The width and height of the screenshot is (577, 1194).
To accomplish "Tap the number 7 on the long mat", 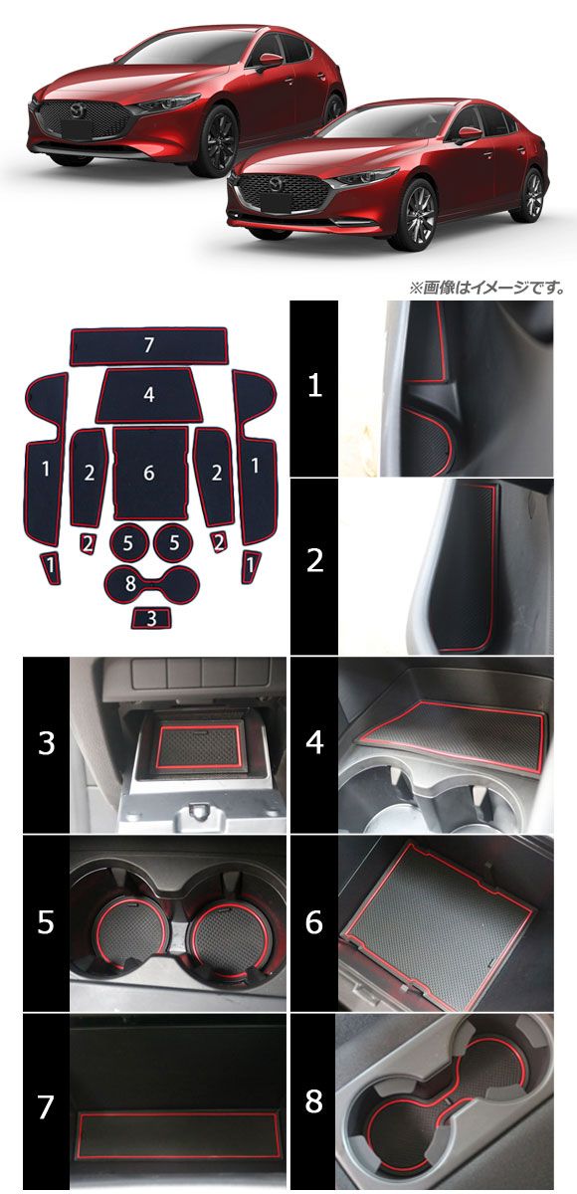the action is coord(148,345).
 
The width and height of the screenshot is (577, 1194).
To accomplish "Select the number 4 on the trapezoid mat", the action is coord(149,394).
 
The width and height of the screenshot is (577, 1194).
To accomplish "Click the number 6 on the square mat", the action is coord(149,473).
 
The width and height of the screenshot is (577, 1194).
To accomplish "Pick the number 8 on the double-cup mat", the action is coord(130,584).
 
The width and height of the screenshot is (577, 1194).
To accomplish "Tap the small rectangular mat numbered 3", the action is coord(152,618).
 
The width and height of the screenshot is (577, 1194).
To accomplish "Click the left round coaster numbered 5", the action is coord(128,542).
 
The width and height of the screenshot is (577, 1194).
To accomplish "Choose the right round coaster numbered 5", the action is coord(174,542).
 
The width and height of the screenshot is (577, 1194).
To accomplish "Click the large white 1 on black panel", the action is coord(315,385).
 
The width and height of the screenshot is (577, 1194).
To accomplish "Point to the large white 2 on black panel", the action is coord(315,561).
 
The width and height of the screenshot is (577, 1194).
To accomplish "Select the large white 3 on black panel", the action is coord(47,742).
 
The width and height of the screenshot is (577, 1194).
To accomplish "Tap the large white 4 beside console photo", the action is coord(315,742).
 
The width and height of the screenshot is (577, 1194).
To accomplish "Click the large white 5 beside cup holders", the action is coord(47,921).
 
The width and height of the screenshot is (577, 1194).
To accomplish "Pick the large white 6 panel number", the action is coord(314,921).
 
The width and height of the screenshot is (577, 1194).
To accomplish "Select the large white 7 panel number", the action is coord(47,1102).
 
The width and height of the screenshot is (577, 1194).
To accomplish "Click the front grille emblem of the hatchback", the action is coord(79,110).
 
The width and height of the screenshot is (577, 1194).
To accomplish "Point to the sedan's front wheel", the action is coord(418,216).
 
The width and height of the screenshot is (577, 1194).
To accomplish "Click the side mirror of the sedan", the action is coord(469,134).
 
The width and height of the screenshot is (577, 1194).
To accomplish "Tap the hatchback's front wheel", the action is coord(219,141).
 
